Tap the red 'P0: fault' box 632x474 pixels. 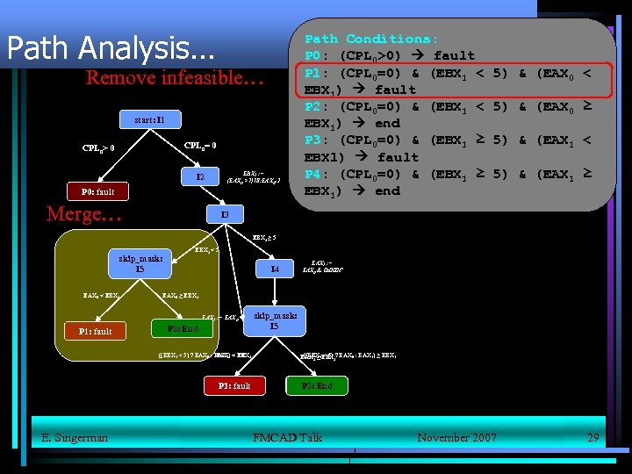pyautogui.click(x=97, y=191)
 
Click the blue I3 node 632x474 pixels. pyautogui.click(x=225, y=215)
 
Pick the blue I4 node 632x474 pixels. pyautogui.click(x=275, y=269)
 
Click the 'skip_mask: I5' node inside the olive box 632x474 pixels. pyautogui.click(x=140, y=263)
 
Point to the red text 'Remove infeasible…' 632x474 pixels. pyautogui.click(x=175, y=77)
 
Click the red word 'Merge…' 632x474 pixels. pyautogui.click(x=84, y=214)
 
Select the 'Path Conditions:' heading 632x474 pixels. pyautogui.click(x=370, y=39)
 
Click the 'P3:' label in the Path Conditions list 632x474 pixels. pyautogui.click(x=318, y=140)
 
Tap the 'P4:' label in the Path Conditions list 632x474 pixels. pyautogui.click(x=318, y=174)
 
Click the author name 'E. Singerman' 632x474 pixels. pyautogui.click(x=75, y=437)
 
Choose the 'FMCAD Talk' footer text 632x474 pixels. pyautogui.click(x=286, y=437)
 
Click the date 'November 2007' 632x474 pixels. pyautogui.click(x=456, y=437)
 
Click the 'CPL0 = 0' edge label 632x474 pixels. pyautogui.click(x=200, y=145)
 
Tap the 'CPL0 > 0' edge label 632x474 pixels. pyautogui.click(x=99, y=147)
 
